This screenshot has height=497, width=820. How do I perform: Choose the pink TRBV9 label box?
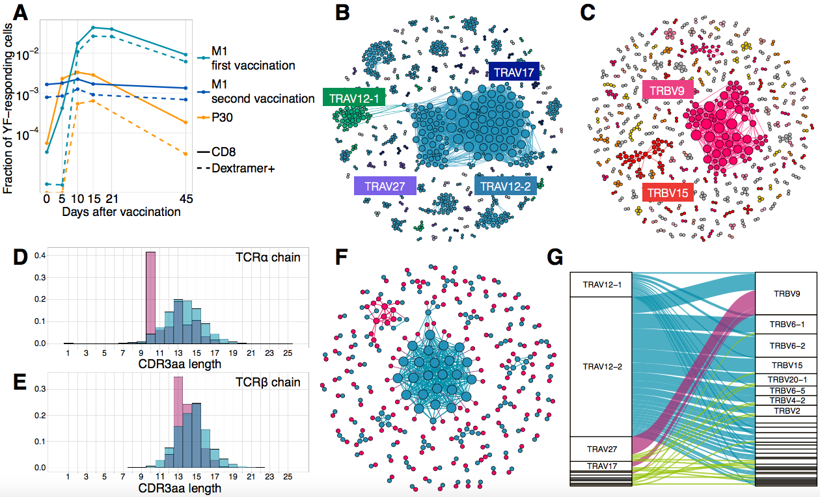coord(666,90)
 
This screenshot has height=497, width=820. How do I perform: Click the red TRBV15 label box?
coord(668,193)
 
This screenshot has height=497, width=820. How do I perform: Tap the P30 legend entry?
coord(223,118)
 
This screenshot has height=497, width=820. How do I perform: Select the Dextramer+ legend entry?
coord(242,168)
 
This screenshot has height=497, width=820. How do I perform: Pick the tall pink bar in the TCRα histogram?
coord(150,293)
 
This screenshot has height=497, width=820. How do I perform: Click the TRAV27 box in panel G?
coord(600,449)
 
